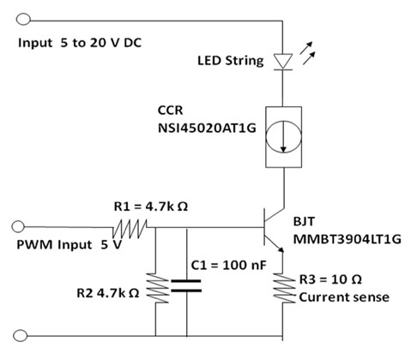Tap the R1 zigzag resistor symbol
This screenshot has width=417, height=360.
click(x=130, y=229)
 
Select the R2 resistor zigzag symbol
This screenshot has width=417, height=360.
click(x=157, y=288)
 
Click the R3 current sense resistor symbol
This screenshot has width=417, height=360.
click(x=284, y=288)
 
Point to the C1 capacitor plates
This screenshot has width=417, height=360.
click(x=186, y=286)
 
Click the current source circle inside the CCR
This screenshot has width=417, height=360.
click(x=283, y=135)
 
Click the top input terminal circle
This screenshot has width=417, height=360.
click(x=23, y=20)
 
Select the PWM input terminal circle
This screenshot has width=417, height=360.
click(x=18, y=226)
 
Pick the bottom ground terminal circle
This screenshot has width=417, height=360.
click(x=21, y=336)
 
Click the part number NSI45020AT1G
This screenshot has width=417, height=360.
click(x=207, y=129)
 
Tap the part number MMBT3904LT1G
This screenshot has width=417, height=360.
click(x=347, y=239)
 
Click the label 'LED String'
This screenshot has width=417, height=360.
click(x=231, y=61)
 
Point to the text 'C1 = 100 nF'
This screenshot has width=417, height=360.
click(x=228, y=265)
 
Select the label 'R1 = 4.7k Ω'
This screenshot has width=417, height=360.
click(x=151, y=206)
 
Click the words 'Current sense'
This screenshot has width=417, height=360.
click(x=344, y=297)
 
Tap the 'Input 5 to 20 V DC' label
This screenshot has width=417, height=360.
click(x=80, y=43)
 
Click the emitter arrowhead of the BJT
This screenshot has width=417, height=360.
click(x=281, y=249)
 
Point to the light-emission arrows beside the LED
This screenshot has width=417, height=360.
click(x=307, y=53)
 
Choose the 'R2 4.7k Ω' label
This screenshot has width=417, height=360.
click(x=108, y=293)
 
